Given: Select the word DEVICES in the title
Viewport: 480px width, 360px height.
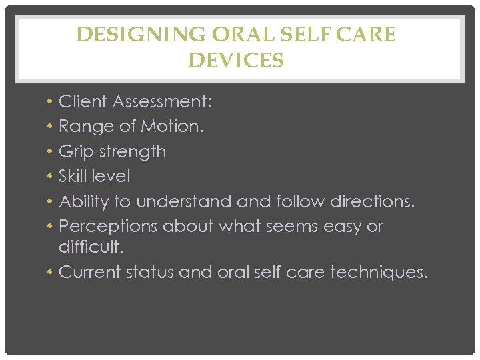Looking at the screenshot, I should [236, 61].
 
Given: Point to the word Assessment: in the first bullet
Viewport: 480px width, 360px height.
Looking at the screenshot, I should [162, 101].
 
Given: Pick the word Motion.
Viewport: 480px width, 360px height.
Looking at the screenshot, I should [174, 126].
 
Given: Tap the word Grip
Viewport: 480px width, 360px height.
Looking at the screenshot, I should [75, 152].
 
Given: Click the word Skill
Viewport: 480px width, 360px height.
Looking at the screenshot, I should [73, 176].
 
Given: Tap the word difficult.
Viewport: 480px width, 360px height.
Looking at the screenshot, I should [91, 247].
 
